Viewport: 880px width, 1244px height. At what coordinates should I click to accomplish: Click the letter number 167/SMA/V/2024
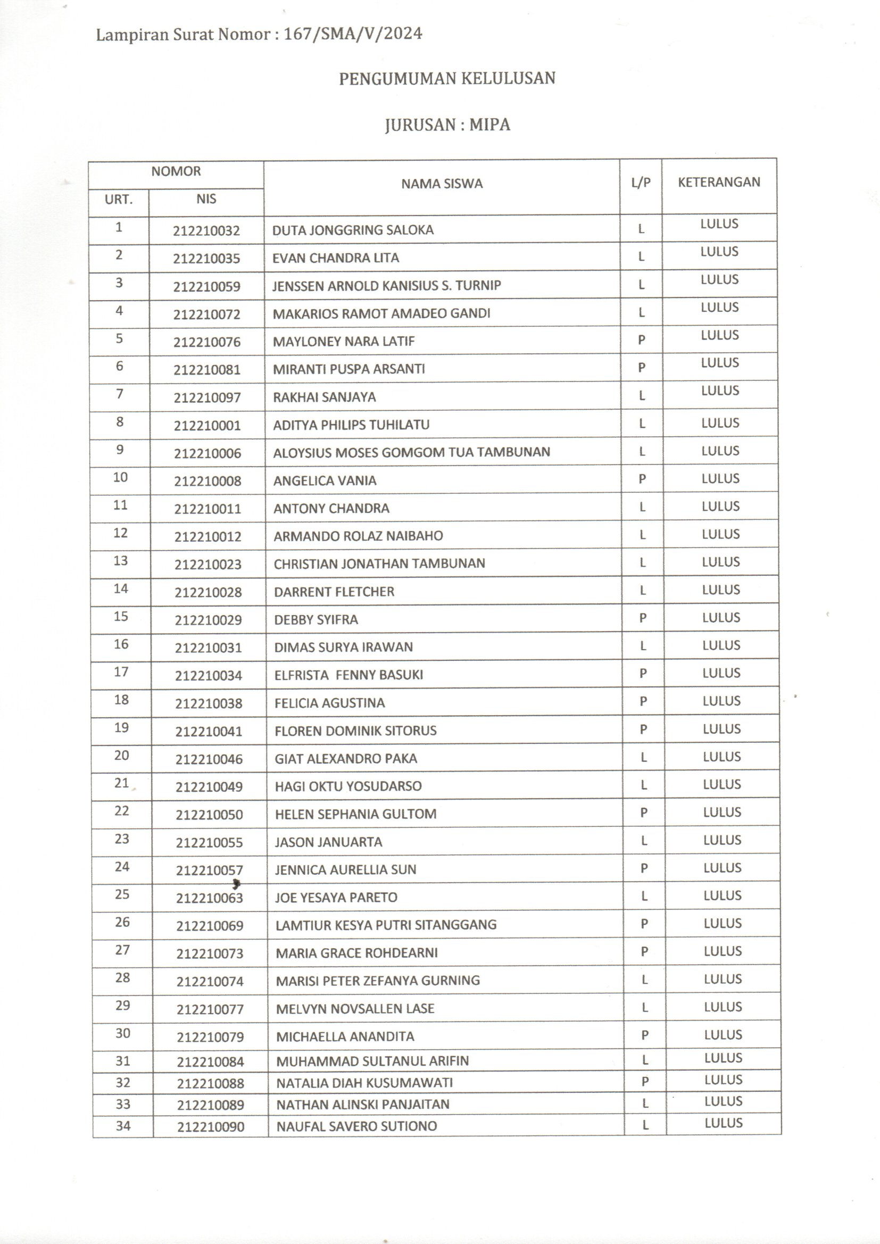(x=353, y=34)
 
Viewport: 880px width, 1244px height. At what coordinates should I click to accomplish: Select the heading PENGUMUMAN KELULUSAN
(x=447, y=79)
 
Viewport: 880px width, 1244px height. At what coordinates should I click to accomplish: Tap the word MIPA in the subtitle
(x=489, y=125)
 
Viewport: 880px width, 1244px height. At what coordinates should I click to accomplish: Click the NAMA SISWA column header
(x=442, y=184)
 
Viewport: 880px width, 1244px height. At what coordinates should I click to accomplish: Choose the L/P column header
(x=641, y=183)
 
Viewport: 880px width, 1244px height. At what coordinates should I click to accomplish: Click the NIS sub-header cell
(x=206, y=199)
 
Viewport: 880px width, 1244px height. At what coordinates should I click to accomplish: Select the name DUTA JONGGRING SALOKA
(x=353, y=230)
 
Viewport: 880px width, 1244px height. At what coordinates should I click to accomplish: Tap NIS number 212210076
(x=207, y=343)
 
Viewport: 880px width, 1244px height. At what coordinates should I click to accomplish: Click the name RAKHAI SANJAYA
(x=324, y=397)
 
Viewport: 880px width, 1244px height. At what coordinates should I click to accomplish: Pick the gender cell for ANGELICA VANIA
(x=642, y=479)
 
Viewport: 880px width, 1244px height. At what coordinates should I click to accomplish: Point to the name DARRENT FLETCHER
(x=334, y=592)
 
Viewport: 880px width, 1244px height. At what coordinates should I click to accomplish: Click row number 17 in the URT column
(x=121, y=672)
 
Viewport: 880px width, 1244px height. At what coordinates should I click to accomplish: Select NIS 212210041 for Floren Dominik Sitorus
(x=209, y=732)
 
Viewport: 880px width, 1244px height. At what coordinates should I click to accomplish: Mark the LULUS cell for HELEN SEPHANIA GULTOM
(x=722, y=812)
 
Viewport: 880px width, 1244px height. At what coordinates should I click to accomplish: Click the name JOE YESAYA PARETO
(x=335, y=897)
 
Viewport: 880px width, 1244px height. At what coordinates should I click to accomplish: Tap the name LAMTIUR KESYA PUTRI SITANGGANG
(x=386, y=925)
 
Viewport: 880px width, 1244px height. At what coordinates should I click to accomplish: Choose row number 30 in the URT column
(x=122, y=1033)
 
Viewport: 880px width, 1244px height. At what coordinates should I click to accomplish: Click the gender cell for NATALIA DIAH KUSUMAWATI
(x=645, y=1082)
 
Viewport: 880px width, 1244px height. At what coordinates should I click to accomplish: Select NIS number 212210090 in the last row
(x=210, y=1127)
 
